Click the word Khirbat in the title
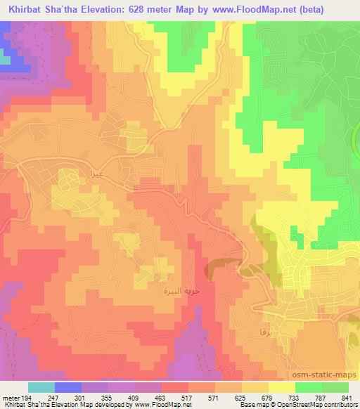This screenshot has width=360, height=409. pos(22,8)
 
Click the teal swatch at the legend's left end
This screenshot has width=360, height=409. pos(41,388)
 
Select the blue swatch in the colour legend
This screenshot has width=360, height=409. pos(68,388)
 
